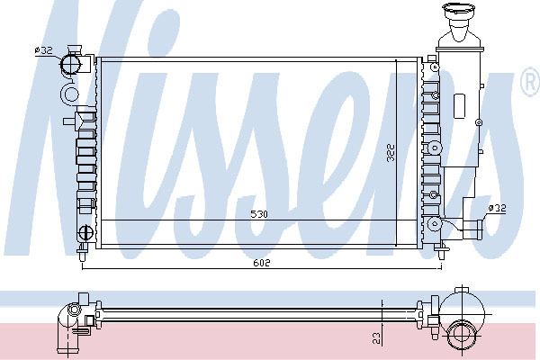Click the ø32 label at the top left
[x=44, y=50]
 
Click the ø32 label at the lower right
[x=497, y=208]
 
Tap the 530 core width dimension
[x=259, y=214]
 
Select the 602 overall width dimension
[x=262, y=263]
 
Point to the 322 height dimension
[x=391, y=153]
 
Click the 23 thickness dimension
[x=377, y=338]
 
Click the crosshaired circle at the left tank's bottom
[x=85, y=232]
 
